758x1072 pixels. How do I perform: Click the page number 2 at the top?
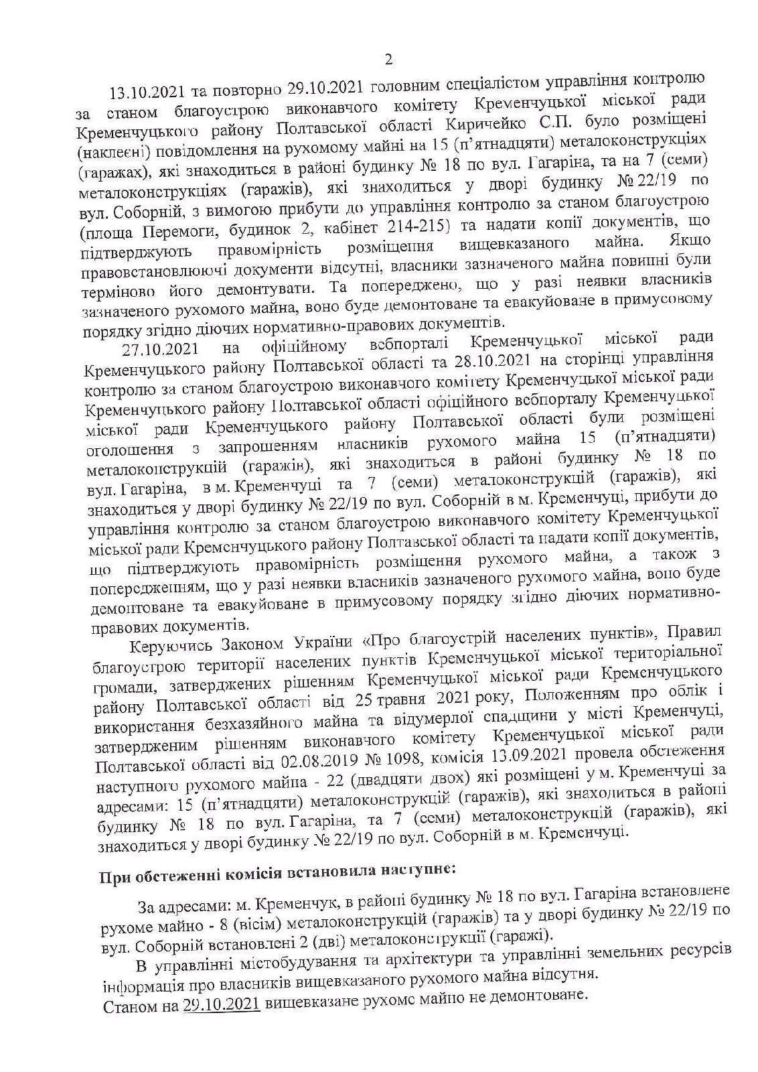388,60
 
